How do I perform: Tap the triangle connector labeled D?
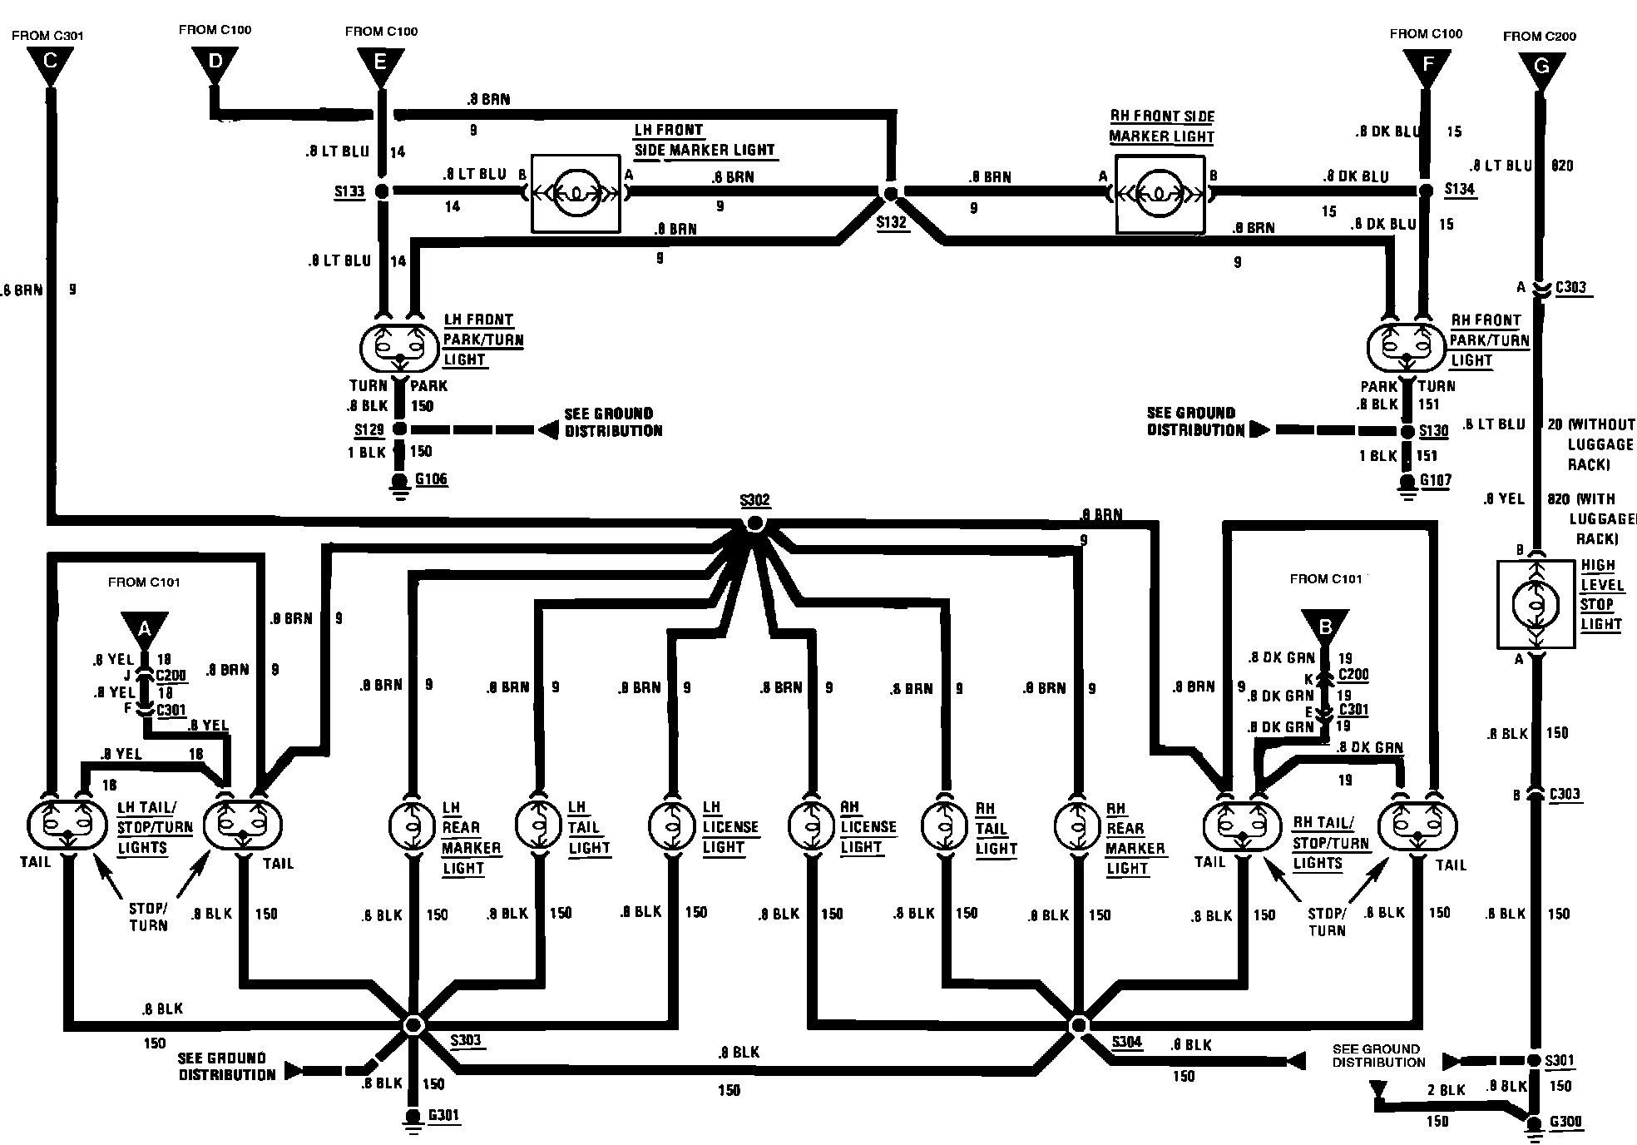[x=215, y=63]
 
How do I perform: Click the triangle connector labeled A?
[x=144, y=628]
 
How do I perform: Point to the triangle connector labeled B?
[x=1326, y=627]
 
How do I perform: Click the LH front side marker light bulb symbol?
[x=576, y=193]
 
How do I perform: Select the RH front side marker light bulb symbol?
[x=1160, y=195]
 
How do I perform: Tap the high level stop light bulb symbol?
[x=1536, y=603]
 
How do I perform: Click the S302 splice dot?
[x=754, y=523]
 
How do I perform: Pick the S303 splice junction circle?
[x=413, y=1024]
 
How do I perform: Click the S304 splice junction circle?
[x=1079, y=1024]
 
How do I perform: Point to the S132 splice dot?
[x=891, y=194]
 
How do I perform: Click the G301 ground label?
[x=443, y=1115]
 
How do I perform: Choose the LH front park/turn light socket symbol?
[x=398, y=347]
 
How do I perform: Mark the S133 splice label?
[x=349, y=192]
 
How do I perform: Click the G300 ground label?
[x=1565, y=1122]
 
